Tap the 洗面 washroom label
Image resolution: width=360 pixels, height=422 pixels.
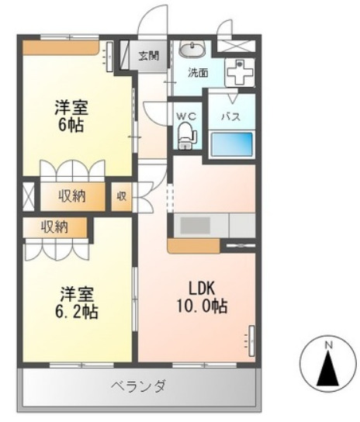point(198,74)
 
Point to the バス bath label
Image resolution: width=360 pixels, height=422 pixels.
point(230,117)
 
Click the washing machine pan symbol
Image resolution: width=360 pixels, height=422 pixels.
point(238,73)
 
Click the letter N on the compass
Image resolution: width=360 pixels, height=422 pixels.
point(328,345)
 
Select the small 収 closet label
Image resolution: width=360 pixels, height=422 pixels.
point(123,196)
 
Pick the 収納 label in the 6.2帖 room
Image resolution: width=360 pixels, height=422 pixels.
point(54,227)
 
